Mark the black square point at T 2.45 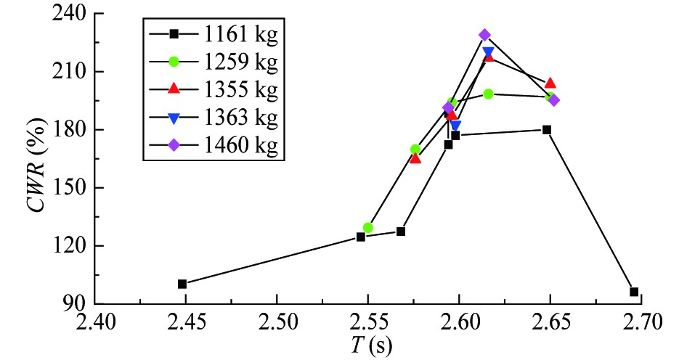tap(182, 284)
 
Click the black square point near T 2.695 tap(634, 292)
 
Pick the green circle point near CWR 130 tap(368, 227)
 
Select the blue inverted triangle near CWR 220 tap(488, 52)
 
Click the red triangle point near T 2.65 tap(550, 83)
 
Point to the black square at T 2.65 tap(547, 130)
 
